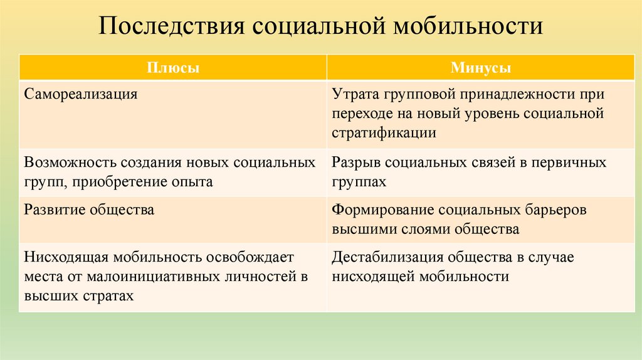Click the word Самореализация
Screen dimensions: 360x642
tap(81, 95)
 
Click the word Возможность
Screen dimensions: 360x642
tap(64, 162)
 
